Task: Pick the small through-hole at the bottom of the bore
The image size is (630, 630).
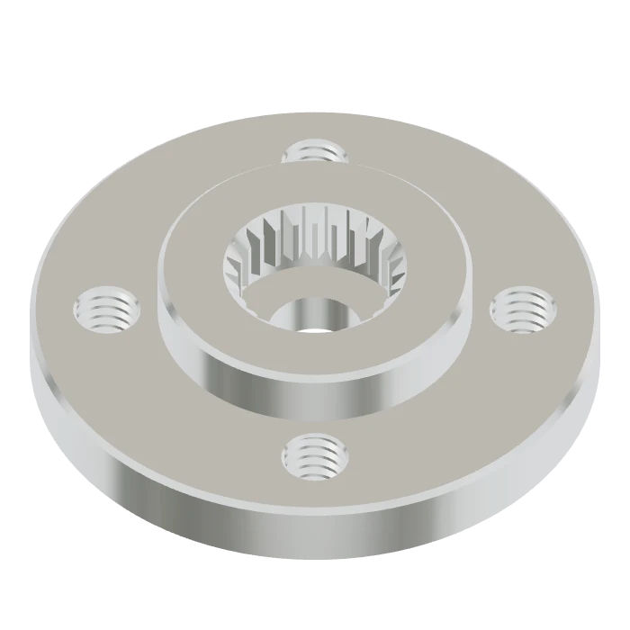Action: (314, 315)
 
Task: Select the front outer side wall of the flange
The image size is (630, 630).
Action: (315, 531)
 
